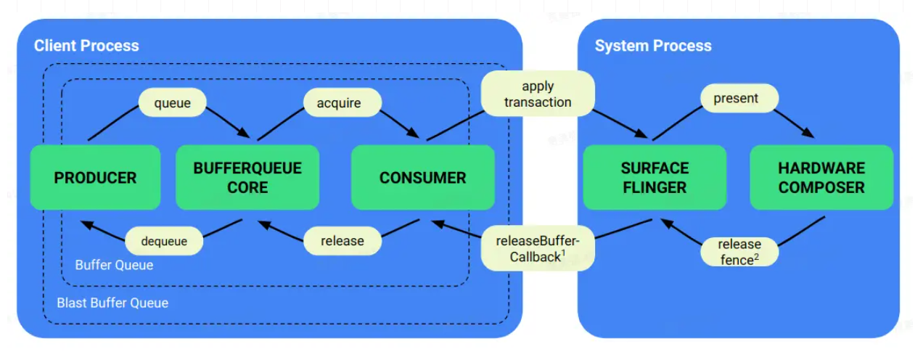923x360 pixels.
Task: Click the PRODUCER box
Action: coord(95,178)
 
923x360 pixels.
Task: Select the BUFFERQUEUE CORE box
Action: coord(247,178)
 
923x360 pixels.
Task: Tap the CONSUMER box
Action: coord(422,178)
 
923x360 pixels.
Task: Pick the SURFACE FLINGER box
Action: coord(655,178)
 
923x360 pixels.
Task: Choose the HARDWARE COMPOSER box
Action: coord(821,178)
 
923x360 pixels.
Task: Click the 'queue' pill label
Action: coord(173,103)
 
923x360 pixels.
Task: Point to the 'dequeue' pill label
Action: coord(164,241)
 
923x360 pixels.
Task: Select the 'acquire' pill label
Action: coord(339,103)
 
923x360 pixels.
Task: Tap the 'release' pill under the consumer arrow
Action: coord(342,241)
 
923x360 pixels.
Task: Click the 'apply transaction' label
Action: coord(538,94)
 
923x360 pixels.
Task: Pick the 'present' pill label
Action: coord(736,98)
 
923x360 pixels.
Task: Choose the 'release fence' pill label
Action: coord(739,252)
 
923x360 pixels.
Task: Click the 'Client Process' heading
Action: coord(86,46)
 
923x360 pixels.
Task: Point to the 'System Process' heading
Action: coord(653,46)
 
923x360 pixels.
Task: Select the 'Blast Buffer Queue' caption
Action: coord(112,303)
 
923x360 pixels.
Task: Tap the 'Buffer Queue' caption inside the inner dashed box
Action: coord(114,265)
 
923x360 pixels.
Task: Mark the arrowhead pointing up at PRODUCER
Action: coord(86,225)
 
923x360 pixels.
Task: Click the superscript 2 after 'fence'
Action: coord(757,255)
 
